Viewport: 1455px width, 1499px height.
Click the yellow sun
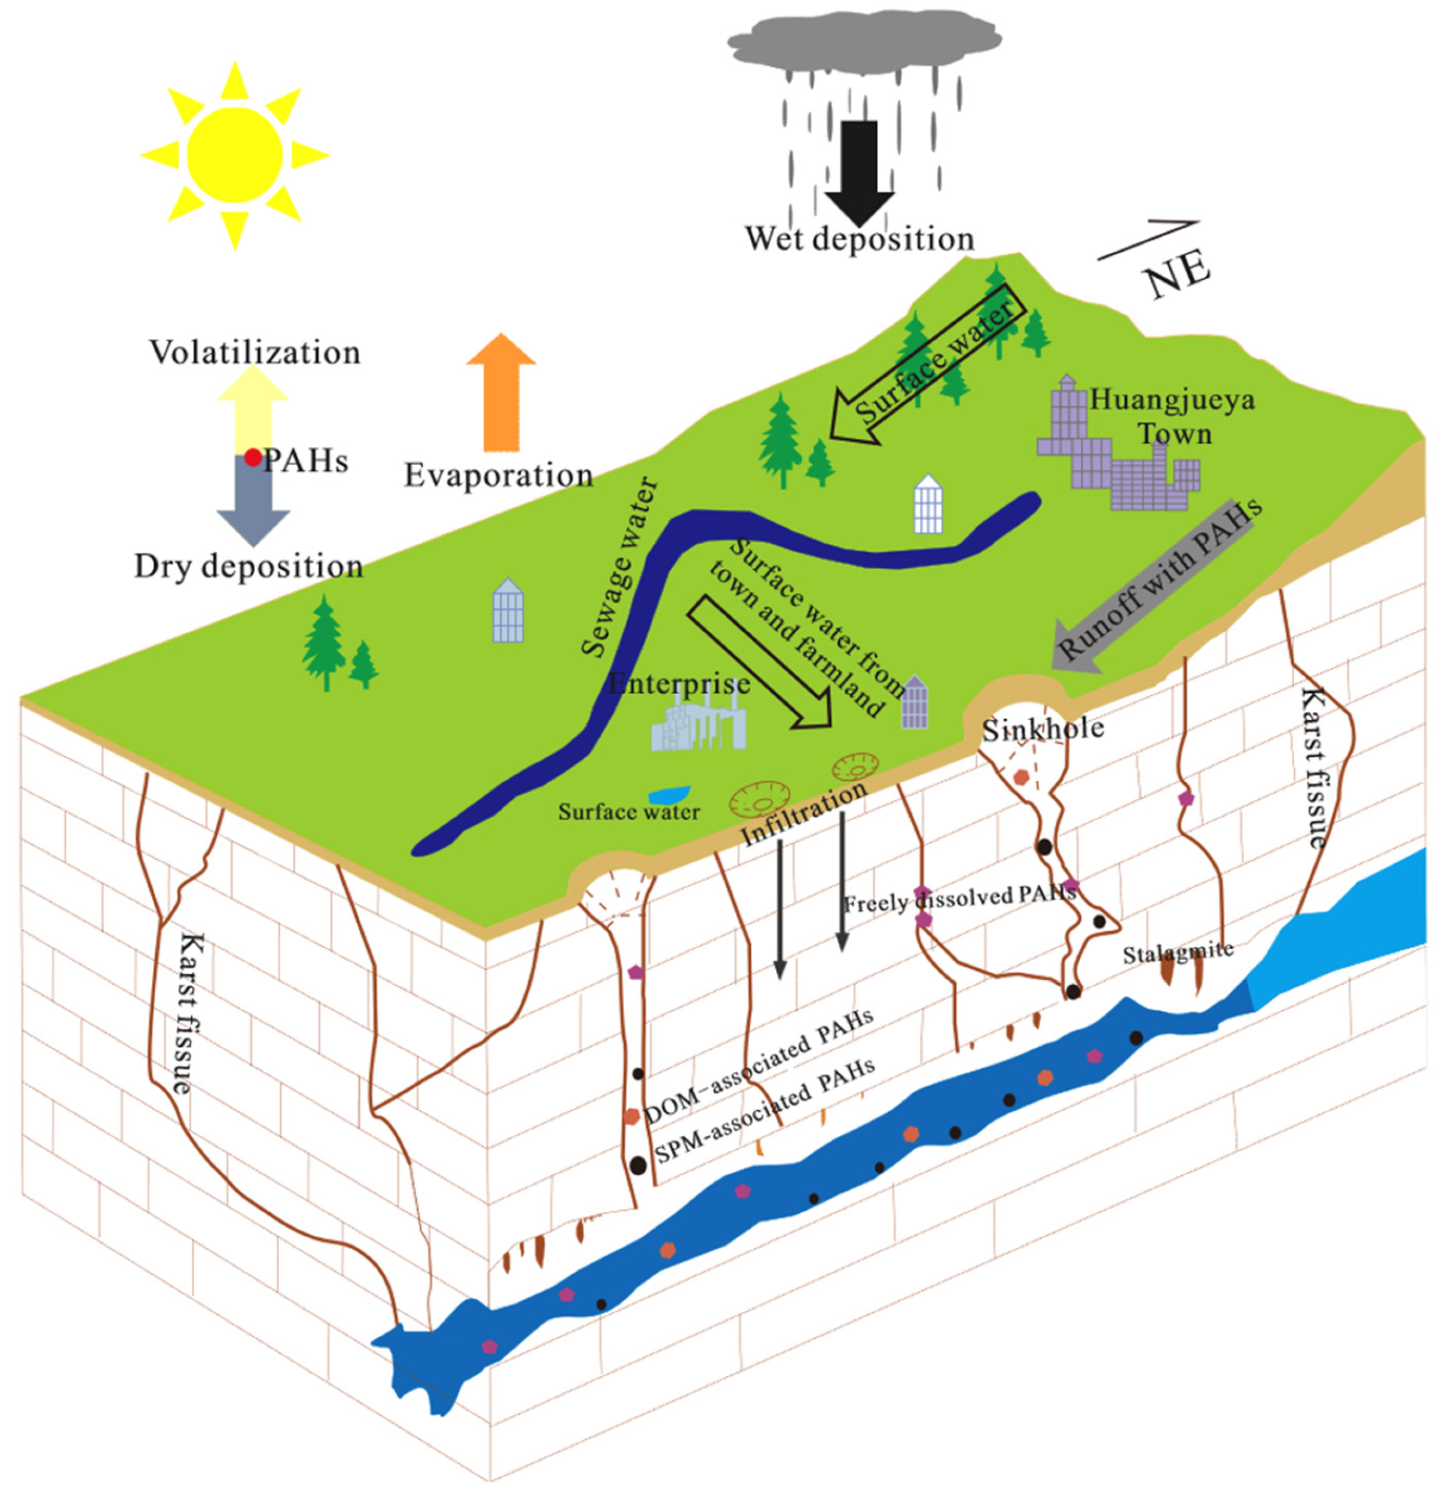pos(235,155)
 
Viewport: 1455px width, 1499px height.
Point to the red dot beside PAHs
pos(252,458)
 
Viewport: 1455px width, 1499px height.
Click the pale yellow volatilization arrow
pos(252,409)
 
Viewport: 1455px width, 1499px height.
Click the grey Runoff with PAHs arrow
pos(1155,589)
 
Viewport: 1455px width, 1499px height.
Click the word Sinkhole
pos(1042,729)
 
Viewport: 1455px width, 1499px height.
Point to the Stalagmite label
pos(1178,953)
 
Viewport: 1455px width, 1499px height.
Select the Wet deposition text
pos(860,238)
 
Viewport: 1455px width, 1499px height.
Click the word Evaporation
pos(499,475)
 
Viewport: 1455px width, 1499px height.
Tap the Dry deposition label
pos(248,566)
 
